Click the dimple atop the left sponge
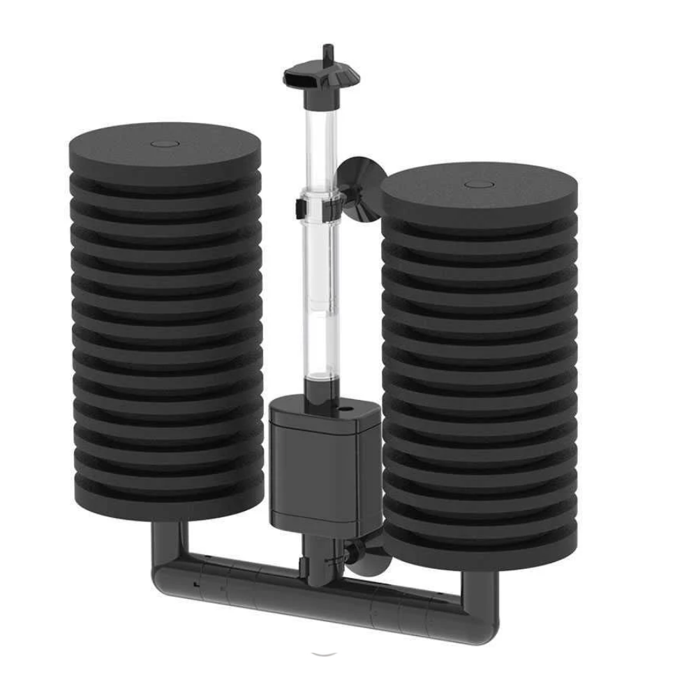(165, 144)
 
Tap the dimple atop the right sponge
(479, 185)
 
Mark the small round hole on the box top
(343, 404)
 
